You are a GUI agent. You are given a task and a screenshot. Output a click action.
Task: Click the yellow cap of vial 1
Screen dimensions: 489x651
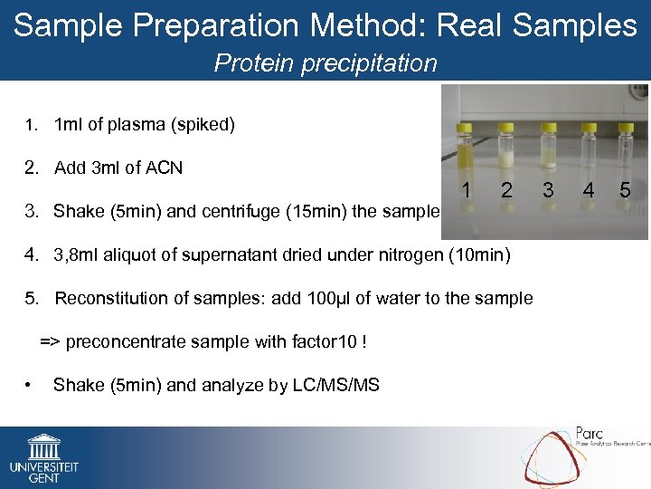click(465, 128)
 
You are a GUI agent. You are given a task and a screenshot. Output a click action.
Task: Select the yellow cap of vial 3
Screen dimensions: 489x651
click(548, 128)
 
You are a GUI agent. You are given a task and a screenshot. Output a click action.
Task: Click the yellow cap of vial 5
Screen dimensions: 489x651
click(627, 128)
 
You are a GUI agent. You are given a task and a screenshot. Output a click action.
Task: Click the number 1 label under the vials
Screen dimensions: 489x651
click(465, 190)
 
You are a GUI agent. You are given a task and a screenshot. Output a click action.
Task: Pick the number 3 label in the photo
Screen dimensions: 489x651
click(548, 190)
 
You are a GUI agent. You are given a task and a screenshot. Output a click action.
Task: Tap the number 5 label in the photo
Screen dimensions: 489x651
click(625, 190)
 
